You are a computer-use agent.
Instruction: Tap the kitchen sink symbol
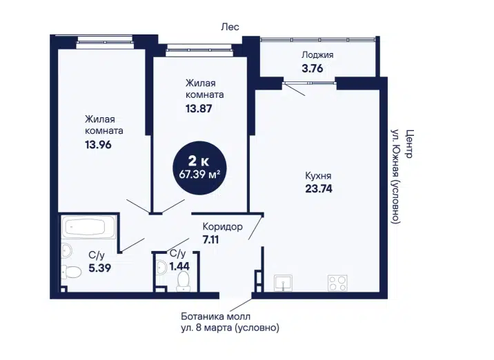coord(283,283)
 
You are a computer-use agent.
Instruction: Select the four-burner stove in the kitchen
coord(337,283)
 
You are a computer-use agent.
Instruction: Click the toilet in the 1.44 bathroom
coord(184,281)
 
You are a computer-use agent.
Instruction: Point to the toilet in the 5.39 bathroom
coord(72,272)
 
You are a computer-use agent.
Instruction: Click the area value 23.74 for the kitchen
coord(319,189)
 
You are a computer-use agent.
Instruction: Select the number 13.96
coord(98,145)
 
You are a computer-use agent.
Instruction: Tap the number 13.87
coord(199,109)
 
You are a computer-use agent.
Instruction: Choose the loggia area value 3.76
coord(313,68)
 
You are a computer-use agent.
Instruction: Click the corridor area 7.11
coord(210,240)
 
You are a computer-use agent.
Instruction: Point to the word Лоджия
coord(317,55)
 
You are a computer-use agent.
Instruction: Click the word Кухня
coord(318,176)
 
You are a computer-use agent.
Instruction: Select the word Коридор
coord(222,226)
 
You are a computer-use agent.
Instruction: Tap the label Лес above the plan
coord(230,27)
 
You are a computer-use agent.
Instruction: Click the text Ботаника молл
coord(216,316)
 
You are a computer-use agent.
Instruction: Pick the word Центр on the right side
coord(408,144)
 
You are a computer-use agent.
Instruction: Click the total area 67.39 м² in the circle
coord(199,174)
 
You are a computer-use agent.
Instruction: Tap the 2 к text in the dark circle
coord(199,161)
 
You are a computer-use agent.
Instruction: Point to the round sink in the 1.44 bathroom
coord(161,268)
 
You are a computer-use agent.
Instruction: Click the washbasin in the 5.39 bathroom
coord(67,251)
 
